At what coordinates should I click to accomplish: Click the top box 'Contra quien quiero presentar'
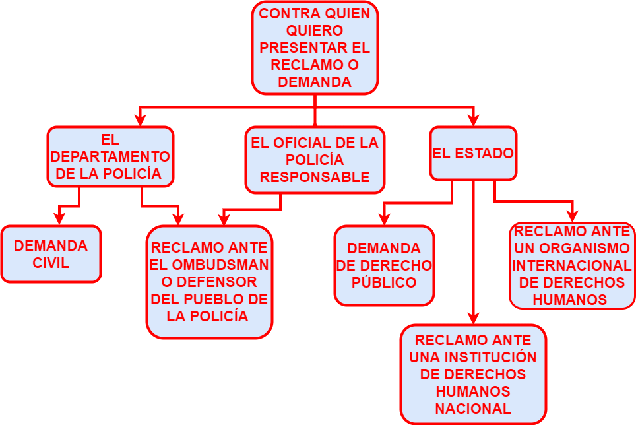[315, 48]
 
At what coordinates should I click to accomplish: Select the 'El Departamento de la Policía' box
[110, 157]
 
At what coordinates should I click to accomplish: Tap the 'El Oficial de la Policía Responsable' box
[315, 160]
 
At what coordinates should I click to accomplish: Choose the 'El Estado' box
[473, 153]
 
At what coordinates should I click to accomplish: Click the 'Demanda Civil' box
[51, 254]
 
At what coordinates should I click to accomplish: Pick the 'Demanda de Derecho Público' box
[384, 265]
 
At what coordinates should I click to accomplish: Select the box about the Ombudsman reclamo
[209, 282]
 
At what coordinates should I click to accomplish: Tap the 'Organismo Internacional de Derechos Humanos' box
[571, 265]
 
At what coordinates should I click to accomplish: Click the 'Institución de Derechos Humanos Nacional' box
[473, 374]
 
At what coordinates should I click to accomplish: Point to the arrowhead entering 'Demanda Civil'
[59, 219]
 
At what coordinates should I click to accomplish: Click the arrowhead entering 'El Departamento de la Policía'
[139, 120]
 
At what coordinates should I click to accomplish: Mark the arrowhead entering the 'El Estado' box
[474, 120]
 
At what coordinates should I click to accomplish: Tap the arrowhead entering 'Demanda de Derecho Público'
[384, 219]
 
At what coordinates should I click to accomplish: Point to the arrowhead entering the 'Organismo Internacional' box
[572, 216]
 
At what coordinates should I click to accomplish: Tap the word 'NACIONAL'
[473, 409]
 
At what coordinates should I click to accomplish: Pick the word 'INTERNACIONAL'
[571, 265]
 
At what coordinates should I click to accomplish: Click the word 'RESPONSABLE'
[315, 177]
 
